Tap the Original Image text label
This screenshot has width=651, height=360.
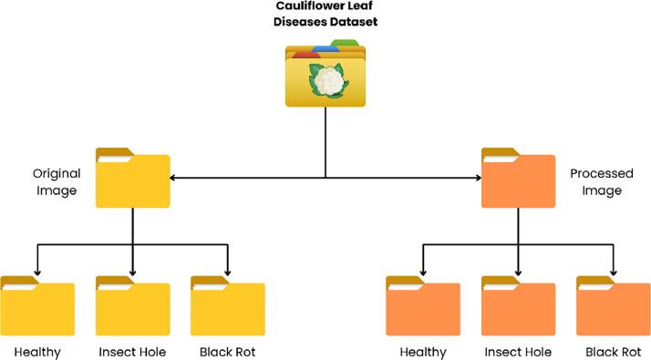coord(57,181)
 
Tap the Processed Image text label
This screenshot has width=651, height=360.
coord(595,181)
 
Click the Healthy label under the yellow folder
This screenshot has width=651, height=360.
coord(37,352)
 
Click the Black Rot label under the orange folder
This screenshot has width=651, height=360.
coord(614,352)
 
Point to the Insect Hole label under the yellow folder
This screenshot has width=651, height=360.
coord(133,352)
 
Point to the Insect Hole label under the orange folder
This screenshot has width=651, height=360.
coord(518,352)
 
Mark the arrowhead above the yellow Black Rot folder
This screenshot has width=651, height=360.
coord(228,270)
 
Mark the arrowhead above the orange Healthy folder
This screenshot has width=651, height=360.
coord(423,270)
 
